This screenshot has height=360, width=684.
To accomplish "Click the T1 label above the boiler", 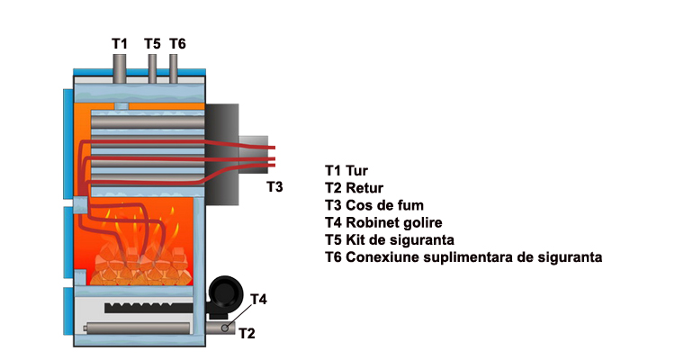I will [120, 42].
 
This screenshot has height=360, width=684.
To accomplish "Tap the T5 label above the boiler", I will [152, 42].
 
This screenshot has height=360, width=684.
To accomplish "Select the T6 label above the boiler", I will [177, 42].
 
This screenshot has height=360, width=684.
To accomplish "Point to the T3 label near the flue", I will [274, 187].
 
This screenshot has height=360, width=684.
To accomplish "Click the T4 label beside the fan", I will [258, 299].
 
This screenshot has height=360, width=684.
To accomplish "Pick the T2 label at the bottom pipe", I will [247, 334].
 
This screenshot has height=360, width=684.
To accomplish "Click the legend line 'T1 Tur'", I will [346, 169].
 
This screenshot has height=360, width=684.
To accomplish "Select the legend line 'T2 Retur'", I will [353, 187].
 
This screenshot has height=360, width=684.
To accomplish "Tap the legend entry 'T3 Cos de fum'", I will [373, 205].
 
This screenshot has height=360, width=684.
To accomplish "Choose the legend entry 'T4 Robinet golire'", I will [383, 222].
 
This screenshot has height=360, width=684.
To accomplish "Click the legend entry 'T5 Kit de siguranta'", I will [390, 240].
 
